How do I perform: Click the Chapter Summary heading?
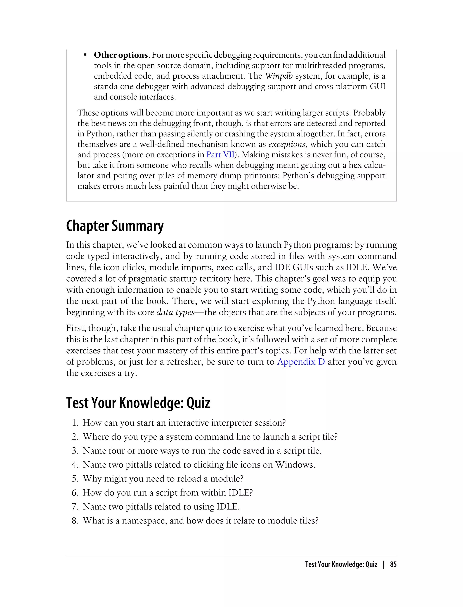[x=115, y=226]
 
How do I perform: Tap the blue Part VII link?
[x=220, y=154]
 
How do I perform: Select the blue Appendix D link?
[x=301, y=362]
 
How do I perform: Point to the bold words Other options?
[x=121, y=55]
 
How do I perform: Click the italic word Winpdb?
[x=279, y=76]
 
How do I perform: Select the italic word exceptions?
[x=287, y=144]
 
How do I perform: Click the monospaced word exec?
[x=225, y=267]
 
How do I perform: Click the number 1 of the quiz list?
[x=74, y=423]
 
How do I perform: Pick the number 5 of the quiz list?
[x=74, y=479]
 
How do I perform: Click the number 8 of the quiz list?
[x=74, y=520]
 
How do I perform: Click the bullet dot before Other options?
[x=85, y=55]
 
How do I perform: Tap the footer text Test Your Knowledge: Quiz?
[x=341, y=564]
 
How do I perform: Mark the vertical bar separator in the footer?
[x=384, y=564]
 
